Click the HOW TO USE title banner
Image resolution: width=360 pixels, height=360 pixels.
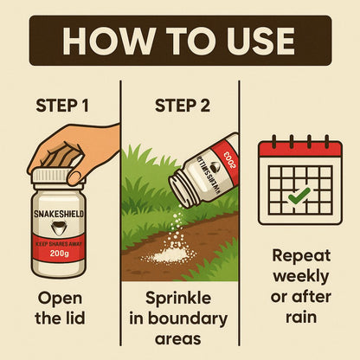(180, 39)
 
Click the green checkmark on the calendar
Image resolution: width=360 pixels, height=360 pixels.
(299, 195)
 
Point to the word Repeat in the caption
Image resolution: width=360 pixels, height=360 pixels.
(299, 257)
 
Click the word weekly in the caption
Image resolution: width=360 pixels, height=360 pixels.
(299, 277)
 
